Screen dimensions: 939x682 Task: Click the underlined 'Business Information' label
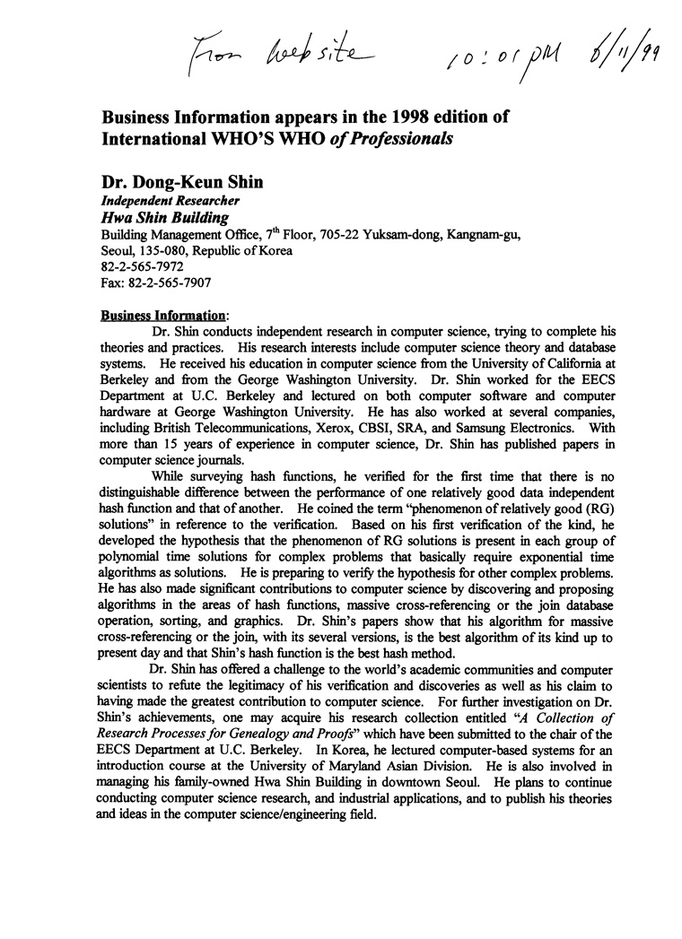click(163, 315)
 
